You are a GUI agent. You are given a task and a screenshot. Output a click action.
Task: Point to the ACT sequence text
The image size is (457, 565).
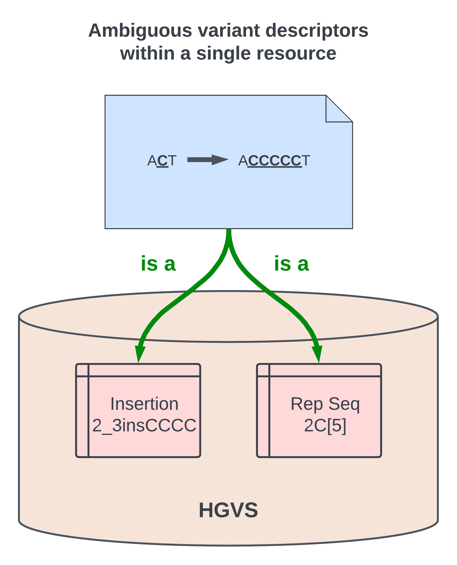[162, 160]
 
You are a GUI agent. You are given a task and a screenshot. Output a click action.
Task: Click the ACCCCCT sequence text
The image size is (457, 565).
[274, 160]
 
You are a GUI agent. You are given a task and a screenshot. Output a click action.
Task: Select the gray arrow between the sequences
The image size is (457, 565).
[207, 160]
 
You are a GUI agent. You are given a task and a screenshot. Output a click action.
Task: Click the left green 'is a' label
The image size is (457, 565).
[158, 264]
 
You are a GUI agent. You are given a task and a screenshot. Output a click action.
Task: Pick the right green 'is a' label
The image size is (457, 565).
[291, 264]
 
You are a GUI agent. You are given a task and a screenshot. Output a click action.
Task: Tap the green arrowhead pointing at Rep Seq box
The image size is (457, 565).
[317, 354]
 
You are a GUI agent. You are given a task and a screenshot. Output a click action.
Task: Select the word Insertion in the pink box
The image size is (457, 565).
[144, 404]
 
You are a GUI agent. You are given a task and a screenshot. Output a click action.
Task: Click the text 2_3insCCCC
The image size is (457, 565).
[144, 425]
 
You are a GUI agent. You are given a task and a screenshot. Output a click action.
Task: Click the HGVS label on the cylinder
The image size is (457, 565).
[228, 510]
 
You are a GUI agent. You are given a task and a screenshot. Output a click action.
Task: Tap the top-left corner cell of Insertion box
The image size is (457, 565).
[82, 370]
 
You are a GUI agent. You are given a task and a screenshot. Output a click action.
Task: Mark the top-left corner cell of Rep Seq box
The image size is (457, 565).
[263, 370]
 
